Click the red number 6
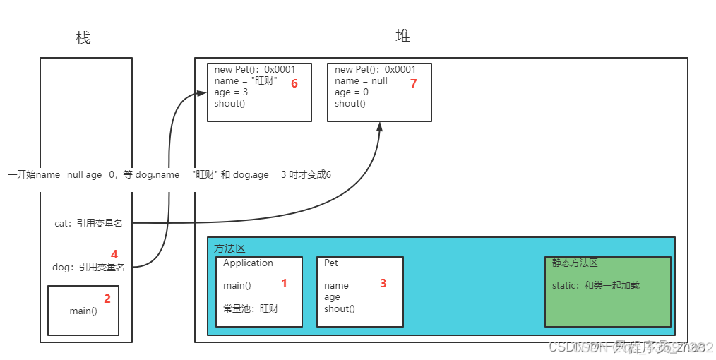294,83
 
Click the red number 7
414,83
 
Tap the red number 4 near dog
114,253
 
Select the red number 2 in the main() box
107,298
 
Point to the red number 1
285,283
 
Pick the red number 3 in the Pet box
383,283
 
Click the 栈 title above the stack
83,38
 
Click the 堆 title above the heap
402,36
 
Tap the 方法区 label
229,248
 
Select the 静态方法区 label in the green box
575,263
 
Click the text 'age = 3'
231,92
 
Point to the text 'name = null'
361,81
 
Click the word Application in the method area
248,263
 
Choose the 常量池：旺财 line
251,308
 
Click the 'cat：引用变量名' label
88,223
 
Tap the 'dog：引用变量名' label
89,267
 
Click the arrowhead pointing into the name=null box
380,126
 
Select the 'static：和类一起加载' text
595,286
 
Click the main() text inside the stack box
83,311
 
